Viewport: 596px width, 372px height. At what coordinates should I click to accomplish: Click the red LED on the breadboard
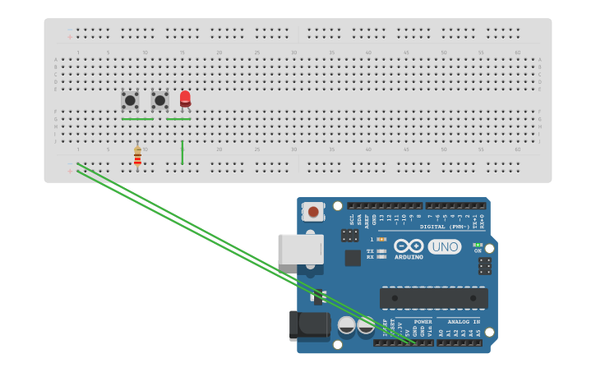[x=185, y=99]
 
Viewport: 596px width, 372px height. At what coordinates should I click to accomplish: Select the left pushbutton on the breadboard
[x=130, y=100]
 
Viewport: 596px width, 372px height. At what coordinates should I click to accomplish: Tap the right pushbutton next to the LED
[x=159, y=100]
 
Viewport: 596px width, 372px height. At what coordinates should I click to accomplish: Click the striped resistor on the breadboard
[x=137, y=155]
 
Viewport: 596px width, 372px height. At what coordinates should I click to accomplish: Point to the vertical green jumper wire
[x=182, y=152]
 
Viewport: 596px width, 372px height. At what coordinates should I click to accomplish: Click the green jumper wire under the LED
[x=178, y=119]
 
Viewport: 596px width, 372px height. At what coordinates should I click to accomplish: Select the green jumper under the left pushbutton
[x=137, y=119]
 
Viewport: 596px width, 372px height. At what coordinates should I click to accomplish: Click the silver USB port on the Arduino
[x=300, y=249]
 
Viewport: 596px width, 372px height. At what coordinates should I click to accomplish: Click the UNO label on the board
[x=444, y=246]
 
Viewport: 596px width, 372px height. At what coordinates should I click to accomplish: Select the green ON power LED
[x=478, y=245]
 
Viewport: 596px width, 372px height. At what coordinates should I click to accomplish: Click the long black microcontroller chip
[x=433, y=298]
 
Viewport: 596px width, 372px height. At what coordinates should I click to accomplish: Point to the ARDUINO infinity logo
[x=409, y=246]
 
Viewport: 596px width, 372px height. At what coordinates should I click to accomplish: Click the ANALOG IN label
[x=463, y=321]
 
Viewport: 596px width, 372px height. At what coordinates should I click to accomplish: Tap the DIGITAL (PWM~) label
[x=444, y=226]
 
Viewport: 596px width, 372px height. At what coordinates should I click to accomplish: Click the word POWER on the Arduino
[x=423, y=321]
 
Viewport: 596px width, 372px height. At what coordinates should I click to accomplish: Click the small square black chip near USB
[x=353, y=258]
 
